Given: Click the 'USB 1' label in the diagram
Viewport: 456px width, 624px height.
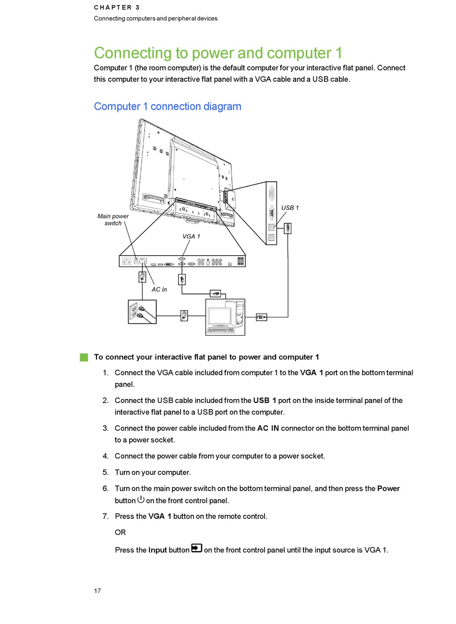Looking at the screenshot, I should pyautogui.click(x=290, y=208).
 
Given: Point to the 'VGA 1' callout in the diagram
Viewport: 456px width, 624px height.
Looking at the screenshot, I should pyautogui.click(x=191, y=236).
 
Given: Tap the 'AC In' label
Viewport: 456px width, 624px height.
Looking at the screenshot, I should pyautogui.click(x=159, y=290).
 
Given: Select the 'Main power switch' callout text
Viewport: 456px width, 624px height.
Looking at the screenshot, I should pyautogui.click(x=113, y=220).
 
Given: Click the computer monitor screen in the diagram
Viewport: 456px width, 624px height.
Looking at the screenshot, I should pyautogui.click(x=219, y=317).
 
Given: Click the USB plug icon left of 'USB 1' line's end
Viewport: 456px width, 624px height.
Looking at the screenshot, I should pyautogui.click(x=288, y=228).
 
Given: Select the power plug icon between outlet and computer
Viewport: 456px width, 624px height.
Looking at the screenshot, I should pyautogui.click(x=183, y=316).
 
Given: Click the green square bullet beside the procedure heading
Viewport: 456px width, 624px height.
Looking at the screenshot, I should pyautogui.click(x=84, y=357).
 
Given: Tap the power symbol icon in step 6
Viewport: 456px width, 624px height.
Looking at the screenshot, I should pyautogui.click(x=141, y=499).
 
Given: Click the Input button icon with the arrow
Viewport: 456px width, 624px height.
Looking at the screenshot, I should pyautogui.click(x=196, y=548).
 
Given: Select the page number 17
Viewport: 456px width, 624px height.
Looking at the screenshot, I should pyautogui.click(x=97, y=591).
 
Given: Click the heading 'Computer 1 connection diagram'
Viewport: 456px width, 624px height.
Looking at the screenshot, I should pyautogui.click(x=168, y=106).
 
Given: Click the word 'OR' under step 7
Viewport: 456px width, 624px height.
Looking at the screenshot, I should pyautogui.click(x=120, y=532).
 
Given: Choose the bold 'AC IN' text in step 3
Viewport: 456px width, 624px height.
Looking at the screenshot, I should pyautogui.click(x=268, y=428).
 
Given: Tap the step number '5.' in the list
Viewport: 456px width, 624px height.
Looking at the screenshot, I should pyautogui.click(x=106, y=472).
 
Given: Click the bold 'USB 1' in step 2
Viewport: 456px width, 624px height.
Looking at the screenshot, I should pyautogui.click(x=264, y=400).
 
